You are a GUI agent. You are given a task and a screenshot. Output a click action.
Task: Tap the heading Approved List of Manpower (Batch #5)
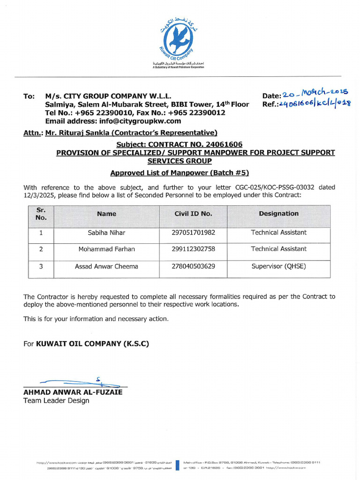click(x=180, y=173)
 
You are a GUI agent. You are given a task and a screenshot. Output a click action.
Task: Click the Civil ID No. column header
click(x=193, y=214)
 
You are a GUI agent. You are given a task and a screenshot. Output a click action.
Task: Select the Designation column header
click(x=278, y=214)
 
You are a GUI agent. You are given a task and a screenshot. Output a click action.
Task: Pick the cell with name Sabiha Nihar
click(x=106, y=232)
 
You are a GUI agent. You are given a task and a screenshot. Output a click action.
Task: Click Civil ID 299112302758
click(x=193, y=249)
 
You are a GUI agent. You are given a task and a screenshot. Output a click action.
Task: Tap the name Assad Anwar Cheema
click(x=106, y=266)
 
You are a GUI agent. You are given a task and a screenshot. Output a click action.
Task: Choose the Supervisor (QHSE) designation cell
click(x=278, y=266)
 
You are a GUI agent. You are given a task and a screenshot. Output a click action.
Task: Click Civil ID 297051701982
click(x=193, y=232)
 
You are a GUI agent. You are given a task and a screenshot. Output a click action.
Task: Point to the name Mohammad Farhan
click(x=106, y=249)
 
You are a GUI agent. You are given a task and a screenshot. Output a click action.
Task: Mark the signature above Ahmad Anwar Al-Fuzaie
click(x=70, y=382)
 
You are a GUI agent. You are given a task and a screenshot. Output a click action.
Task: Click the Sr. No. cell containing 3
click(x=41, y=266)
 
